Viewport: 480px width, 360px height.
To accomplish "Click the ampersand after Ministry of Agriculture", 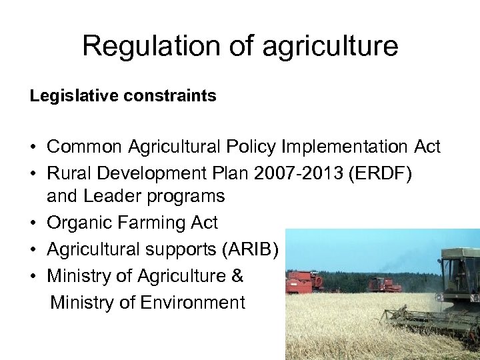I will click(x=237, y=276).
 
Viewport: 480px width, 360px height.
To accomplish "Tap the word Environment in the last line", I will click(x=193, y=303).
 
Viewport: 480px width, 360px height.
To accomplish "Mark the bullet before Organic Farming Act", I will click(x=33, y=223).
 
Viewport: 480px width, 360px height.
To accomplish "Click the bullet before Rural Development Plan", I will click(x=33, y=173).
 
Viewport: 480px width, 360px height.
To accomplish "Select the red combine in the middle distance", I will click(x=385, y=285).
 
